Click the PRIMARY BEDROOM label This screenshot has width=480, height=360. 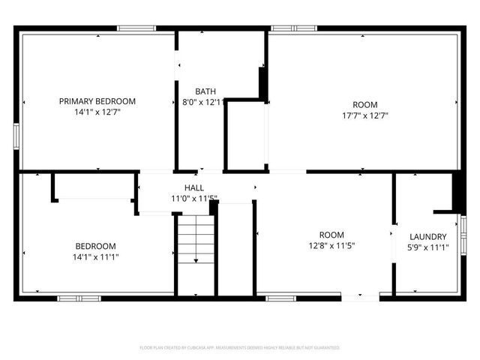97,101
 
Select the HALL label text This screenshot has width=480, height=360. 194,187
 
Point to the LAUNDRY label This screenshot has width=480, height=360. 427,237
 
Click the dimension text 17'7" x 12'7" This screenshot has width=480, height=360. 365,115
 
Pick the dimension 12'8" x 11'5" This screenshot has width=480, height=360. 331,245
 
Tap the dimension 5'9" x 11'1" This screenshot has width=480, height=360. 427,247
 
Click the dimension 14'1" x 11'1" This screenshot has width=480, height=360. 95,256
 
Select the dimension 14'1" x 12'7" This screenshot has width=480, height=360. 97,112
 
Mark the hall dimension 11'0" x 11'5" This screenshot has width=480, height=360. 194,199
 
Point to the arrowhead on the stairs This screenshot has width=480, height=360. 196,260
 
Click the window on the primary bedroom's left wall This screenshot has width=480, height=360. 16,136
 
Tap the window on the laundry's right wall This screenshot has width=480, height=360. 463,234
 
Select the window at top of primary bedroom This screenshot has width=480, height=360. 136,28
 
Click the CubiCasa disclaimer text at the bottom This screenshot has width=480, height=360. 240,348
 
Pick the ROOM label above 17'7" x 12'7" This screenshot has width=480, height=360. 365,105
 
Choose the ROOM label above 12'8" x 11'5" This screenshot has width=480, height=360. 331,235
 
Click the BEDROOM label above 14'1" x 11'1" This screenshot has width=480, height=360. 95,246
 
